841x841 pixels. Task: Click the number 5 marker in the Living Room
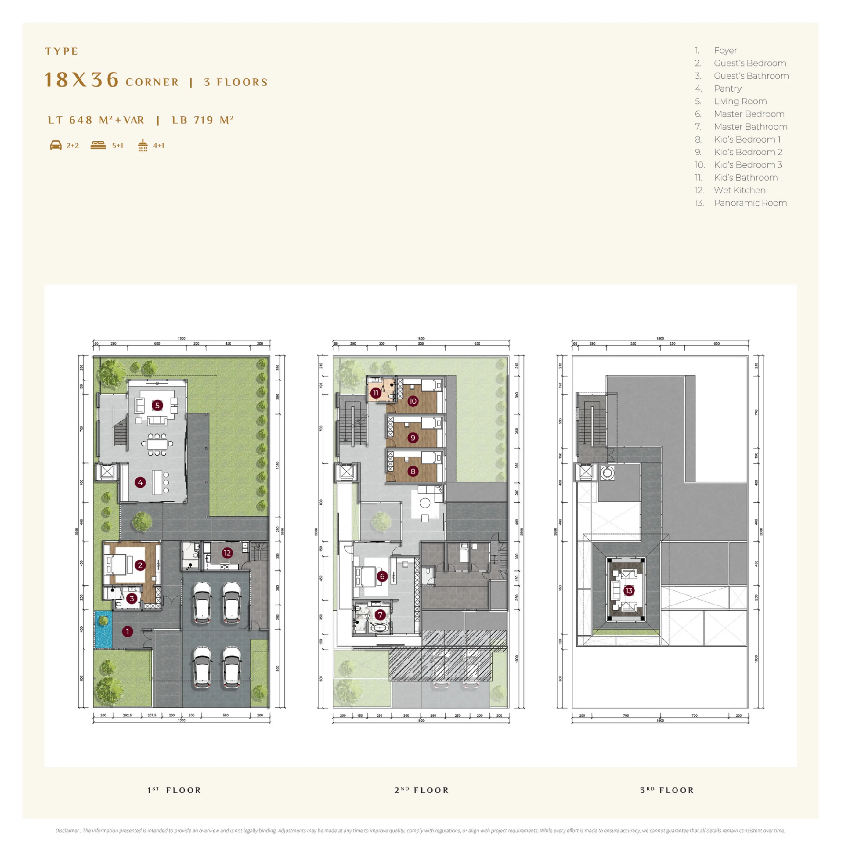pos(157,405)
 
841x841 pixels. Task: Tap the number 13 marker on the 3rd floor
pos(629,591)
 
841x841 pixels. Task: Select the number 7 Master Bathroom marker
pos(381,615)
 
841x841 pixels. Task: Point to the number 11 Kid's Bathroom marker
pos(376,393)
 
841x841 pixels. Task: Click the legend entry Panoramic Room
pos(750,203)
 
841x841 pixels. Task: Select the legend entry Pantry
pos(727,89)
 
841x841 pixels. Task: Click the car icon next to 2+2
pos(56,145)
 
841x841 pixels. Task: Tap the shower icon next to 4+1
pos(143,145)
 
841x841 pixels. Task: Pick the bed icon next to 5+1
pos(98,145)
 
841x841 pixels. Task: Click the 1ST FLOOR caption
pos(174,790)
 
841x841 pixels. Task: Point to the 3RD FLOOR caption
pos(667,790)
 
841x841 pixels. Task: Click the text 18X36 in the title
pos(82,80)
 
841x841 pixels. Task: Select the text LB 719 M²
pos(203,120)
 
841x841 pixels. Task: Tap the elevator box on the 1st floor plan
pos(106,471)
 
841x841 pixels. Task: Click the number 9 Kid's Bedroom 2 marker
pos(413,438)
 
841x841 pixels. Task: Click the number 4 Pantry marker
pos(140,482)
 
